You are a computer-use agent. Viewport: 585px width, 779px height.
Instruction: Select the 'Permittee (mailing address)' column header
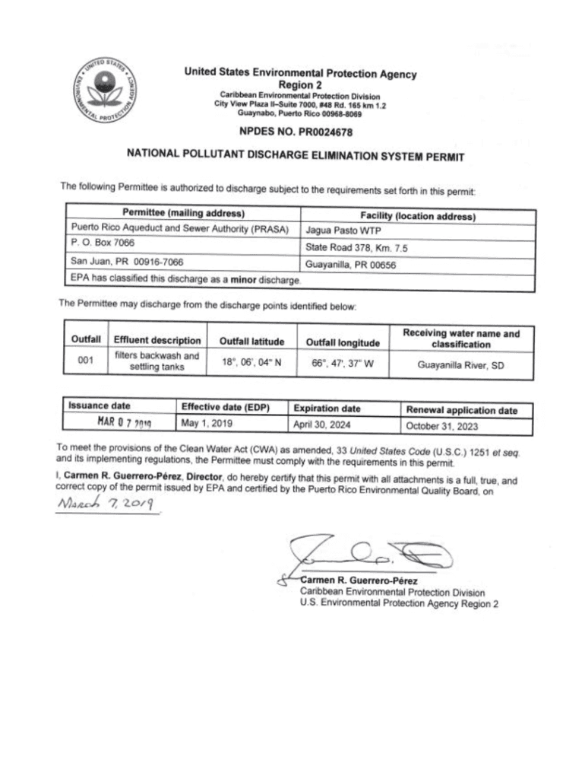183,212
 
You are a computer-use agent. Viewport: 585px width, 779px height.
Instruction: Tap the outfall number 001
86,361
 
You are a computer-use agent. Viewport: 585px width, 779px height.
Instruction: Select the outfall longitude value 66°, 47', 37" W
343,364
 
